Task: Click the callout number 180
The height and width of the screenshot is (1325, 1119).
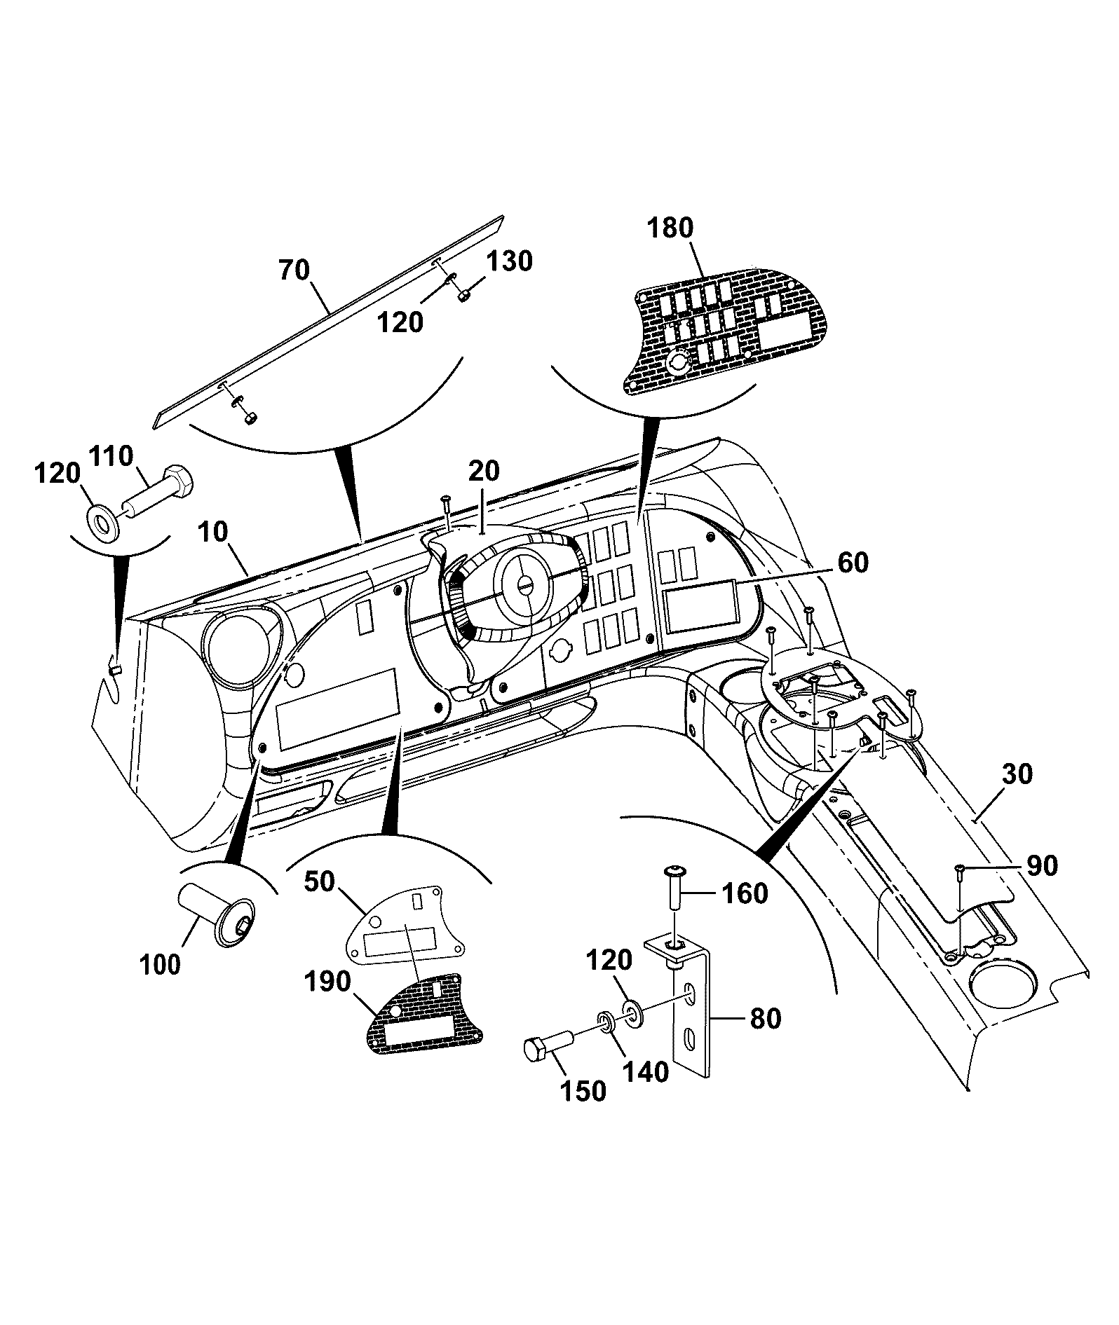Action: coord(670,228)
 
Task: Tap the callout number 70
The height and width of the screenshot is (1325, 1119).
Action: coord(294,269)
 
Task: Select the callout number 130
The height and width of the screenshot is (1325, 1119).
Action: coord(510,261)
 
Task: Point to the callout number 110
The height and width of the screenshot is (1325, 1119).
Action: coord(110,456)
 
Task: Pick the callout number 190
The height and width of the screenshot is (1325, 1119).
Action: coord(328,982)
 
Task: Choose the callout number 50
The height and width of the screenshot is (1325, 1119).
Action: coord(320,882)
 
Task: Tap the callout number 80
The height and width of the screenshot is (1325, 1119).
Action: coord(766,1018)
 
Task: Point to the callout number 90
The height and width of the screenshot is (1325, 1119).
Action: coord(1042,865)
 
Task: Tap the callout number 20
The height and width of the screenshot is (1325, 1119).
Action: coord(484,471)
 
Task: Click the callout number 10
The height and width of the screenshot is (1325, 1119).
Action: coord(214,532)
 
